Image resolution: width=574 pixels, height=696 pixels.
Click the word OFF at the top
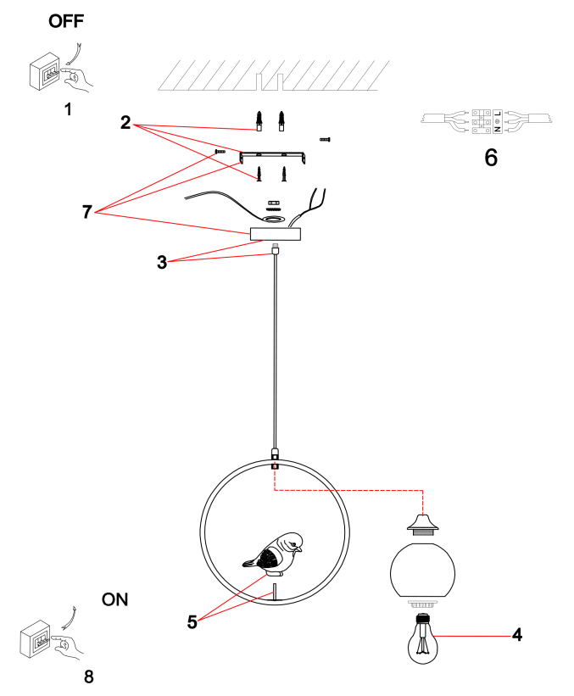click(x=67, y=21)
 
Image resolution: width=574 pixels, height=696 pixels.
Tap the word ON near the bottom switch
click(x=115, y=599)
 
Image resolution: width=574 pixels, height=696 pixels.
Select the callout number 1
click(x=68, y=109)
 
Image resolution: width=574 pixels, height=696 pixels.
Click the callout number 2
click(x=125, y=123)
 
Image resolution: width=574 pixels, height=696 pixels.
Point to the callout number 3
click(x=161, y=261)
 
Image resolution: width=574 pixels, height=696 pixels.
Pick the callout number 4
click(x=516, y=634)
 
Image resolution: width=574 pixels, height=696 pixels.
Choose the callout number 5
click(x=192, y=621)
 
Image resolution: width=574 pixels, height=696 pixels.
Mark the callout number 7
click(x=86, y=212)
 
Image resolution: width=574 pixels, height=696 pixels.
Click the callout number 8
click(x=89, y=676)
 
